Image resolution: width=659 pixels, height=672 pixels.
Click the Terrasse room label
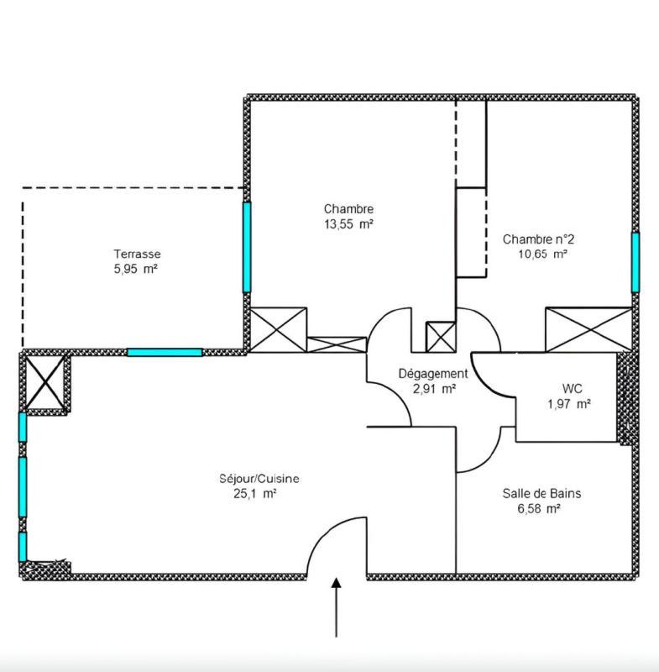[x=138, y=254]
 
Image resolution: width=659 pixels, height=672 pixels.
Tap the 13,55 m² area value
[x=348, y=224]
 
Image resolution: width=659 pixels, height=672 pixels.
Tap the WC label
[x=572, y=389]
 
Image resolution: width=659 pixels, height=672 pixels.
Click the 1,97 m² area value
[x=568, y=404]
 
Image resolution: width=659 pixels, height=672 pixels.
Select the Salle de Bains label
[x=541, y=493]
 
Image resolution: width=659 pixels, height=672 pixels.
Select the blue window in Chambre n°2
[x=635, y=262]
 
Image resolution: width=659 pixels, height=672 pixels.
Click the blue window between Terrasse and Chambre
[x=247, y=247]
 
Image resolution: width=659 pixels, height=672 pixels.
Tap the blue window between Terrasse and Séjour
[x=165, y=352]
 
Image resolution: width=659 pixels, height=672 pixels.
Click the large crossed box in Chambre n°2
[x=588, y=328]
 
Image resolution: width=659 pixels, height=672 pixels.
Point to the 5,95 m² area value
[x=136, y=269]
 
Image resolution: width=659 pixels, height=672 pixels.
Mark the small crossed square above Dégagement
[x=440, y=336]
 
